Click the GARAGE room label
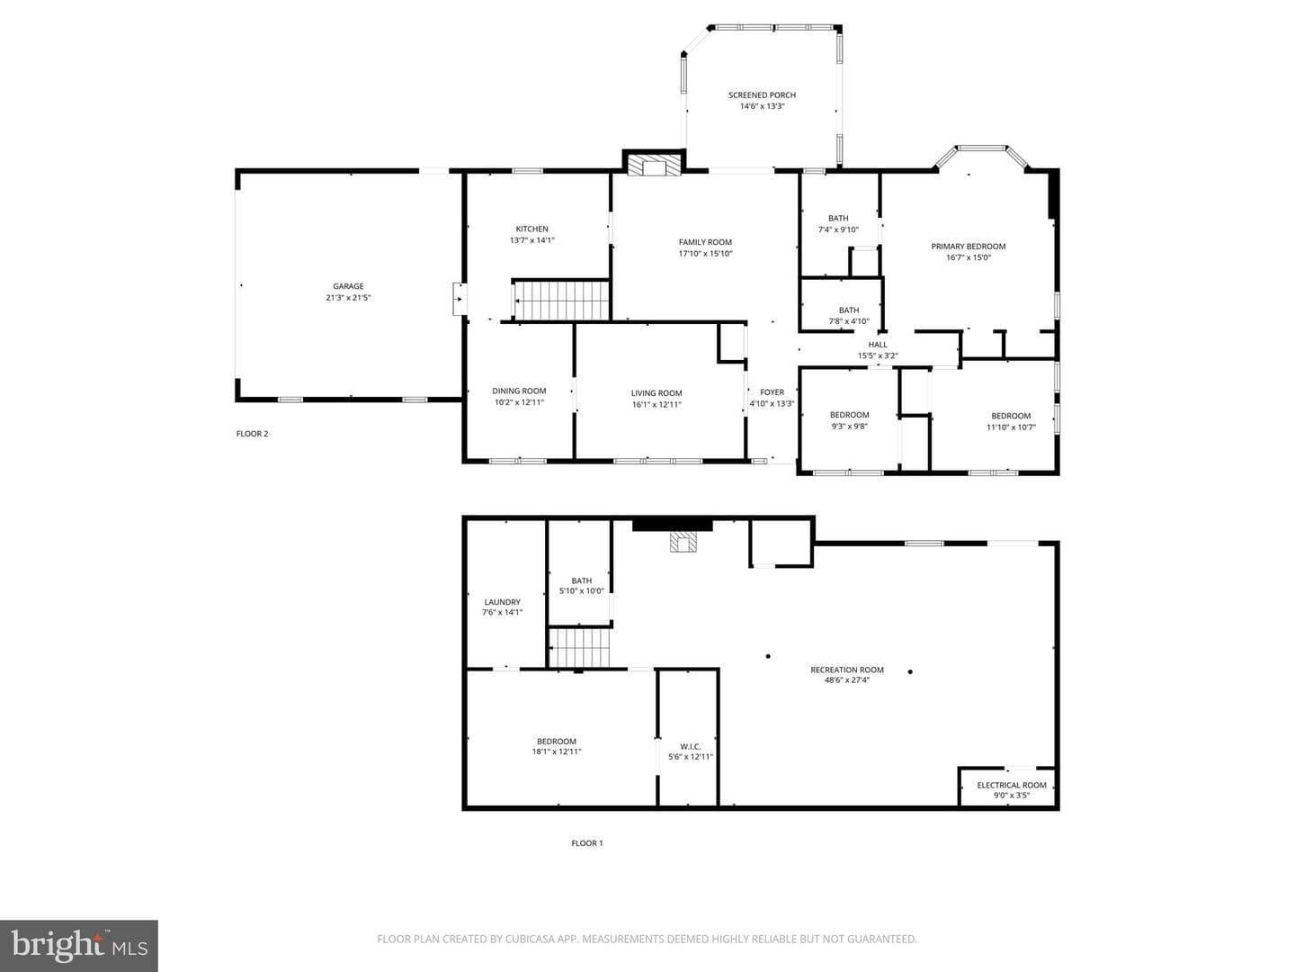point(348,286)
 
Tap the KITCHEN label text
point(531,229)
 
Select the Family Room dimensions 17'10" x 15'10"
point(705,254)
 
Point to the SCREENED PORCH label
point(762,95)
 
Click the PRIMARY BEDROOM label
point(969,246)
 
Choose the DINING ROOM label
point(519,391)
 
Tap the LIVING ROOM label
point(656,393)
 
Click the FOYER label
point(772,391)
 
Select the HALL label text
point(878,345)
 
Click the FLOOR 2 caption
point(252,434)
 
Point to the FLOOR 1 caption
point(587,843)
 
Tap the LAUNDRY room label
point(502,602)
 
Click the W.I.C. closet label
point(691,747)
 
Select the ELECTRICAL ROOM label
point(1011,785)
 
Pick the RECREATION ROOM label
point(846,670)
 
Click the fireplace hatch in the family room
point(654,166)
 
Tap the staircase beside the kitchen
point(561,301)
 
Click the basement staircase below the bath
point(579,648)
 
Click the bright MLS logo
point(79,945)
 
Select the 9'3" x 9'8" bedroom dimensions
point(849,426)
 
